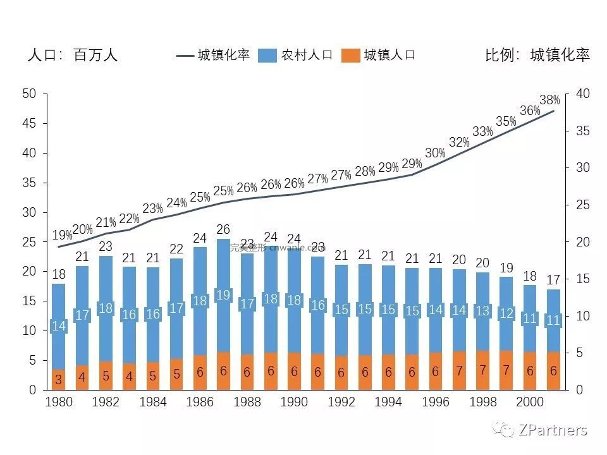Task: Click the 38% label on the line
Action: pyautogui.click(x=549, y=100)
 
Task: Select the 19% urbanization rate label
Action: pyautogui.click(x=62, y=235)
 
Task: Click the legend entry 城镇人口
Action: pyautogui.click(x=379, y=55)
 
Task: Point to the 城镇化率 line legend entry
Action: pyautogui.click(x=214, y=55)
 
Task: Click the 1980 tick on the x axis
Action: pyautogui.click(x=58, y=403)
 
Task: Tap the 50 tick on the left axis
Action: pyautogui.click(x=28, y=94)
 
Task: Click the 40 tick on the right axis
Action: pyautogui.click(x=583, y=94)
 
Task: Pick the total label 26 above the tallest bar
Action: pyautogui.click(x=223, y=229)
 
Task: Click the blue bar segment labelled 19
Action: pyautogui.click(x=223, y=295)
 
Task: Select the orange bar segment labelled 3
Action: pyautogui.click(x=58, y=380)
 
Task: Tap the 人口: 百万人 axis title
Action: pyautogui.click(x=73, y=55)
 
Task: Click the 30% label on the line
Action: pyautogui.click(x=435, y=153)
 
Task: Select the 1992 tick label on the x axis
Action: pyautogui.click(x=341, y=403)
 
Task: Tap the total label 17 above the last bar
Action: pyautogui.click(x=553, y=279)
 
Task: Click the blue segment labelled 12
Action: pyautogui.click(x=506, y=313)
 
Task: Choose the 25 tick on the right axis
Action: pyautogui.click(x=583, y=205)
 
